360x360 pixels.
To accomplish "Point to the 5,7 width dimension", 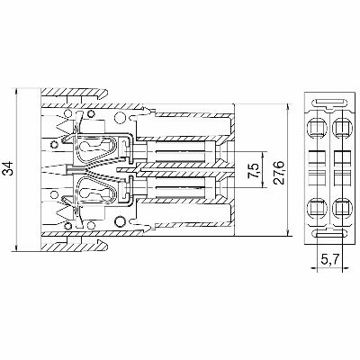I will (x=330, y=259).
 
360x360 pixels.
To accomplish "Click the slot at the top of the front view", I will (x=330, y=101).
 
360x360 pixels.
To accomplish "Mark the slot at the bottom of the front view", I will (x=330, y=237).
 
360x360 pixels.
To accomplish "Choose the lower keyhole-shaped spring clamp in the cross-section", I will (x=94, y=191).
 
